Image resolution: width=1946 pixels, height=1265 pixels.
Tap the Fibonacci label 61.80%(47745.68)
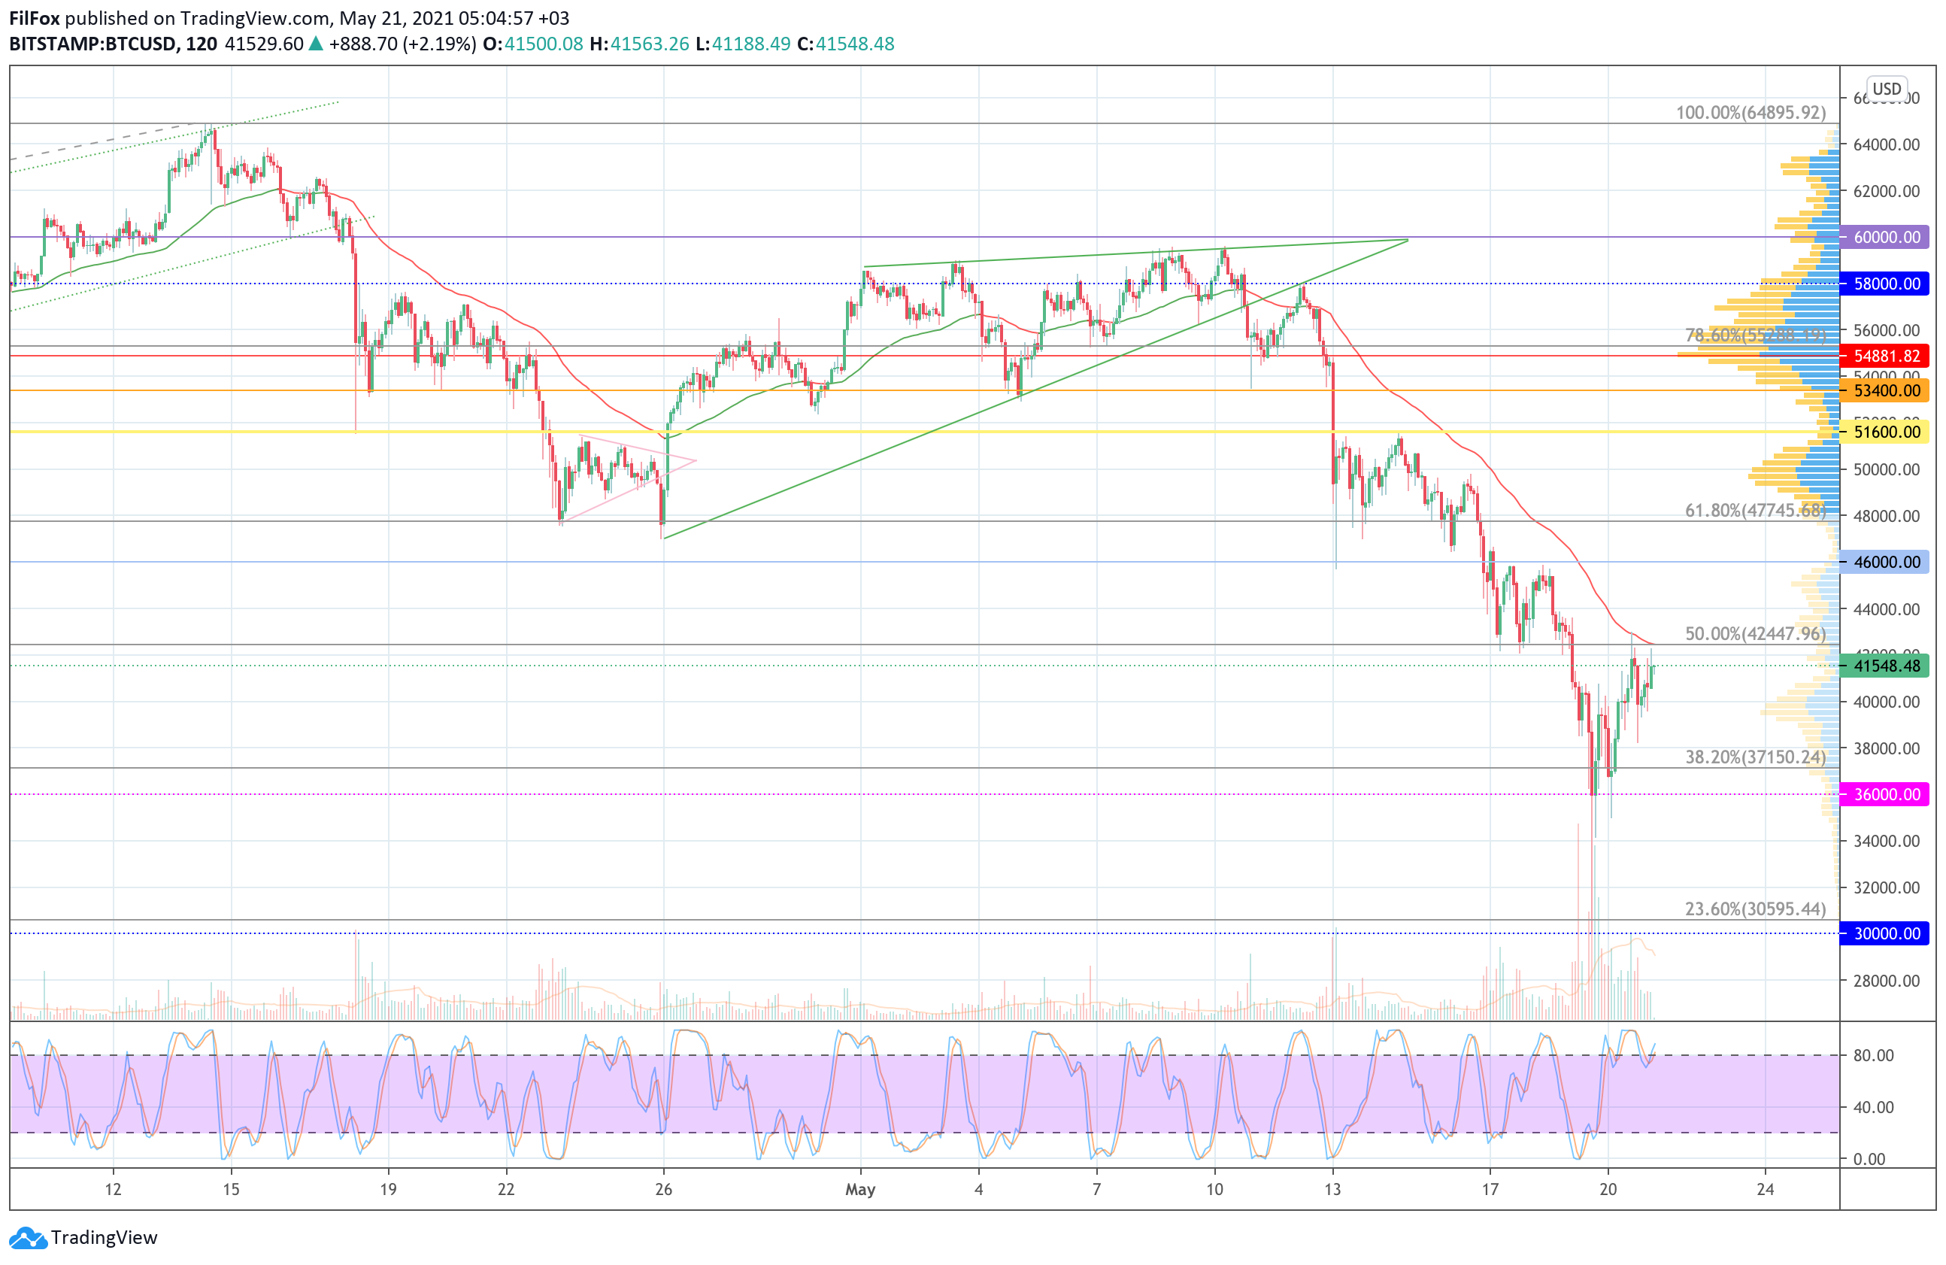pos(1755,510)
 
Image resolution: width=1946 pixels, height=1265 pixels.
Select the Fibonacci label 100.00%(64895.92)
pos(1750,113)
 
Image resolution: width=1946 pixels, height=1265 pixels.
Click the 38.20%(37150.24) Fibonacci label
pos(1755,757)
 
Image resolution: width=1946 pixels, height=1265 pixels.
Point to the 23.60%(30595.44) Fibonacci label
pos(1755,909)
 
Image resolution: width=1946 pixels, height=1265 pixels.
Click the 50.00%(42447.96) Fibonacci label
pos(1755,634)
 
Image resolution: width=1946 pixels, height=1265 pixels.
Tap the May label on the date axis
pos(860,1189)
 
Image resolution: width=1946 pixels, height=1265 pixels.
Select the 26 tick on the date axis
pos(663,1189)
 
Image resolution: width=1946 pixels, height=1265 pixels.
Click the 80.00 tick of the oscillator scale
pos(1873,1056)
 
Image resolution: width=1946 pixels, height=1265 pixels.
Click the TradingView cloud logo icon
pos(29,1238)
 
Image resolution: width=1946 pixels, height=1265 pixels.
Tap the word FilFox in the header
pos(35,18)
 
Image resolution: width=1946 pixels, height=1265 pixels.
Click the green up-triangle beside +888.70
pos(316,44)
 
